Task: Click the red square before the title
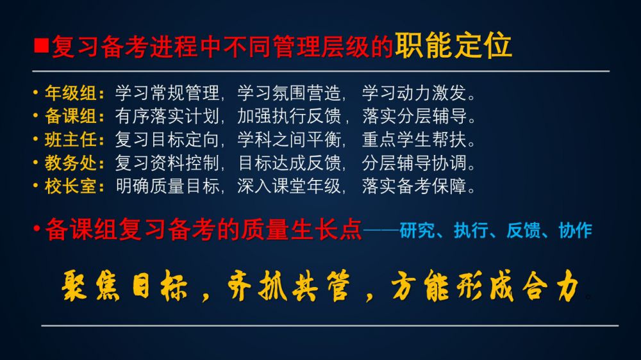pyautogui.click(x=41, y=45)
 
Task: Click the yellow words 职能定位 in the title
pyautogui.click(x=453, y=45)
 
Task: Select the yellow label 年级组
pyautogui.click(x=71, y=93)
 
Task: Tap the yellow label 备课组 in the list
pyautogui.click(x=71, y=117)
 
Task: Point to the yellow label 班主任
pyautogui.click(x=71, y=140)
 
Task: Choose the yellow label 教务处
pyautogui.click(x=71, y=163)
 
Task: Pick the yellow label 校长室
pyautogui.click(x=71, y=186)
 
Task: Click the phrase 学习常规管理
pyautogui.click(x=167, y=93)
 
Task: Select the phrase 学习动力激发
pyautogui.click(x=414, y=93)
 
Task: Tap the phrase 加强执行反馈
pyautogui.click(x=289, y=117)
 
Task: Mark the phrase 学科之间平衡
pyautogui.click(x=289, y=140)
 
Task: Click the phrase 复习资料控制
pyautogui.click(x=167, y=163)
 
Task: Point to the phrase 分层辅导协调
pyautogui.click(x=414, y=163)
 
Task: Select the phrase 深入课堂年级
pyautogui.click(x=289, y=186)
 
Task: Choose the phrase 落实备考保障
pyautogui.click(x=414, y=186)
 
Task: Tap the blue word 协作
pyautogui.click(x=575, y=231)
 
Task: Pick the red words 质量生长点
pyautogui.click(x=301, y=229)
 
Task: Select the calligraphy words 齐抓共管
pyautogui.click(x=289, y=286)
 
